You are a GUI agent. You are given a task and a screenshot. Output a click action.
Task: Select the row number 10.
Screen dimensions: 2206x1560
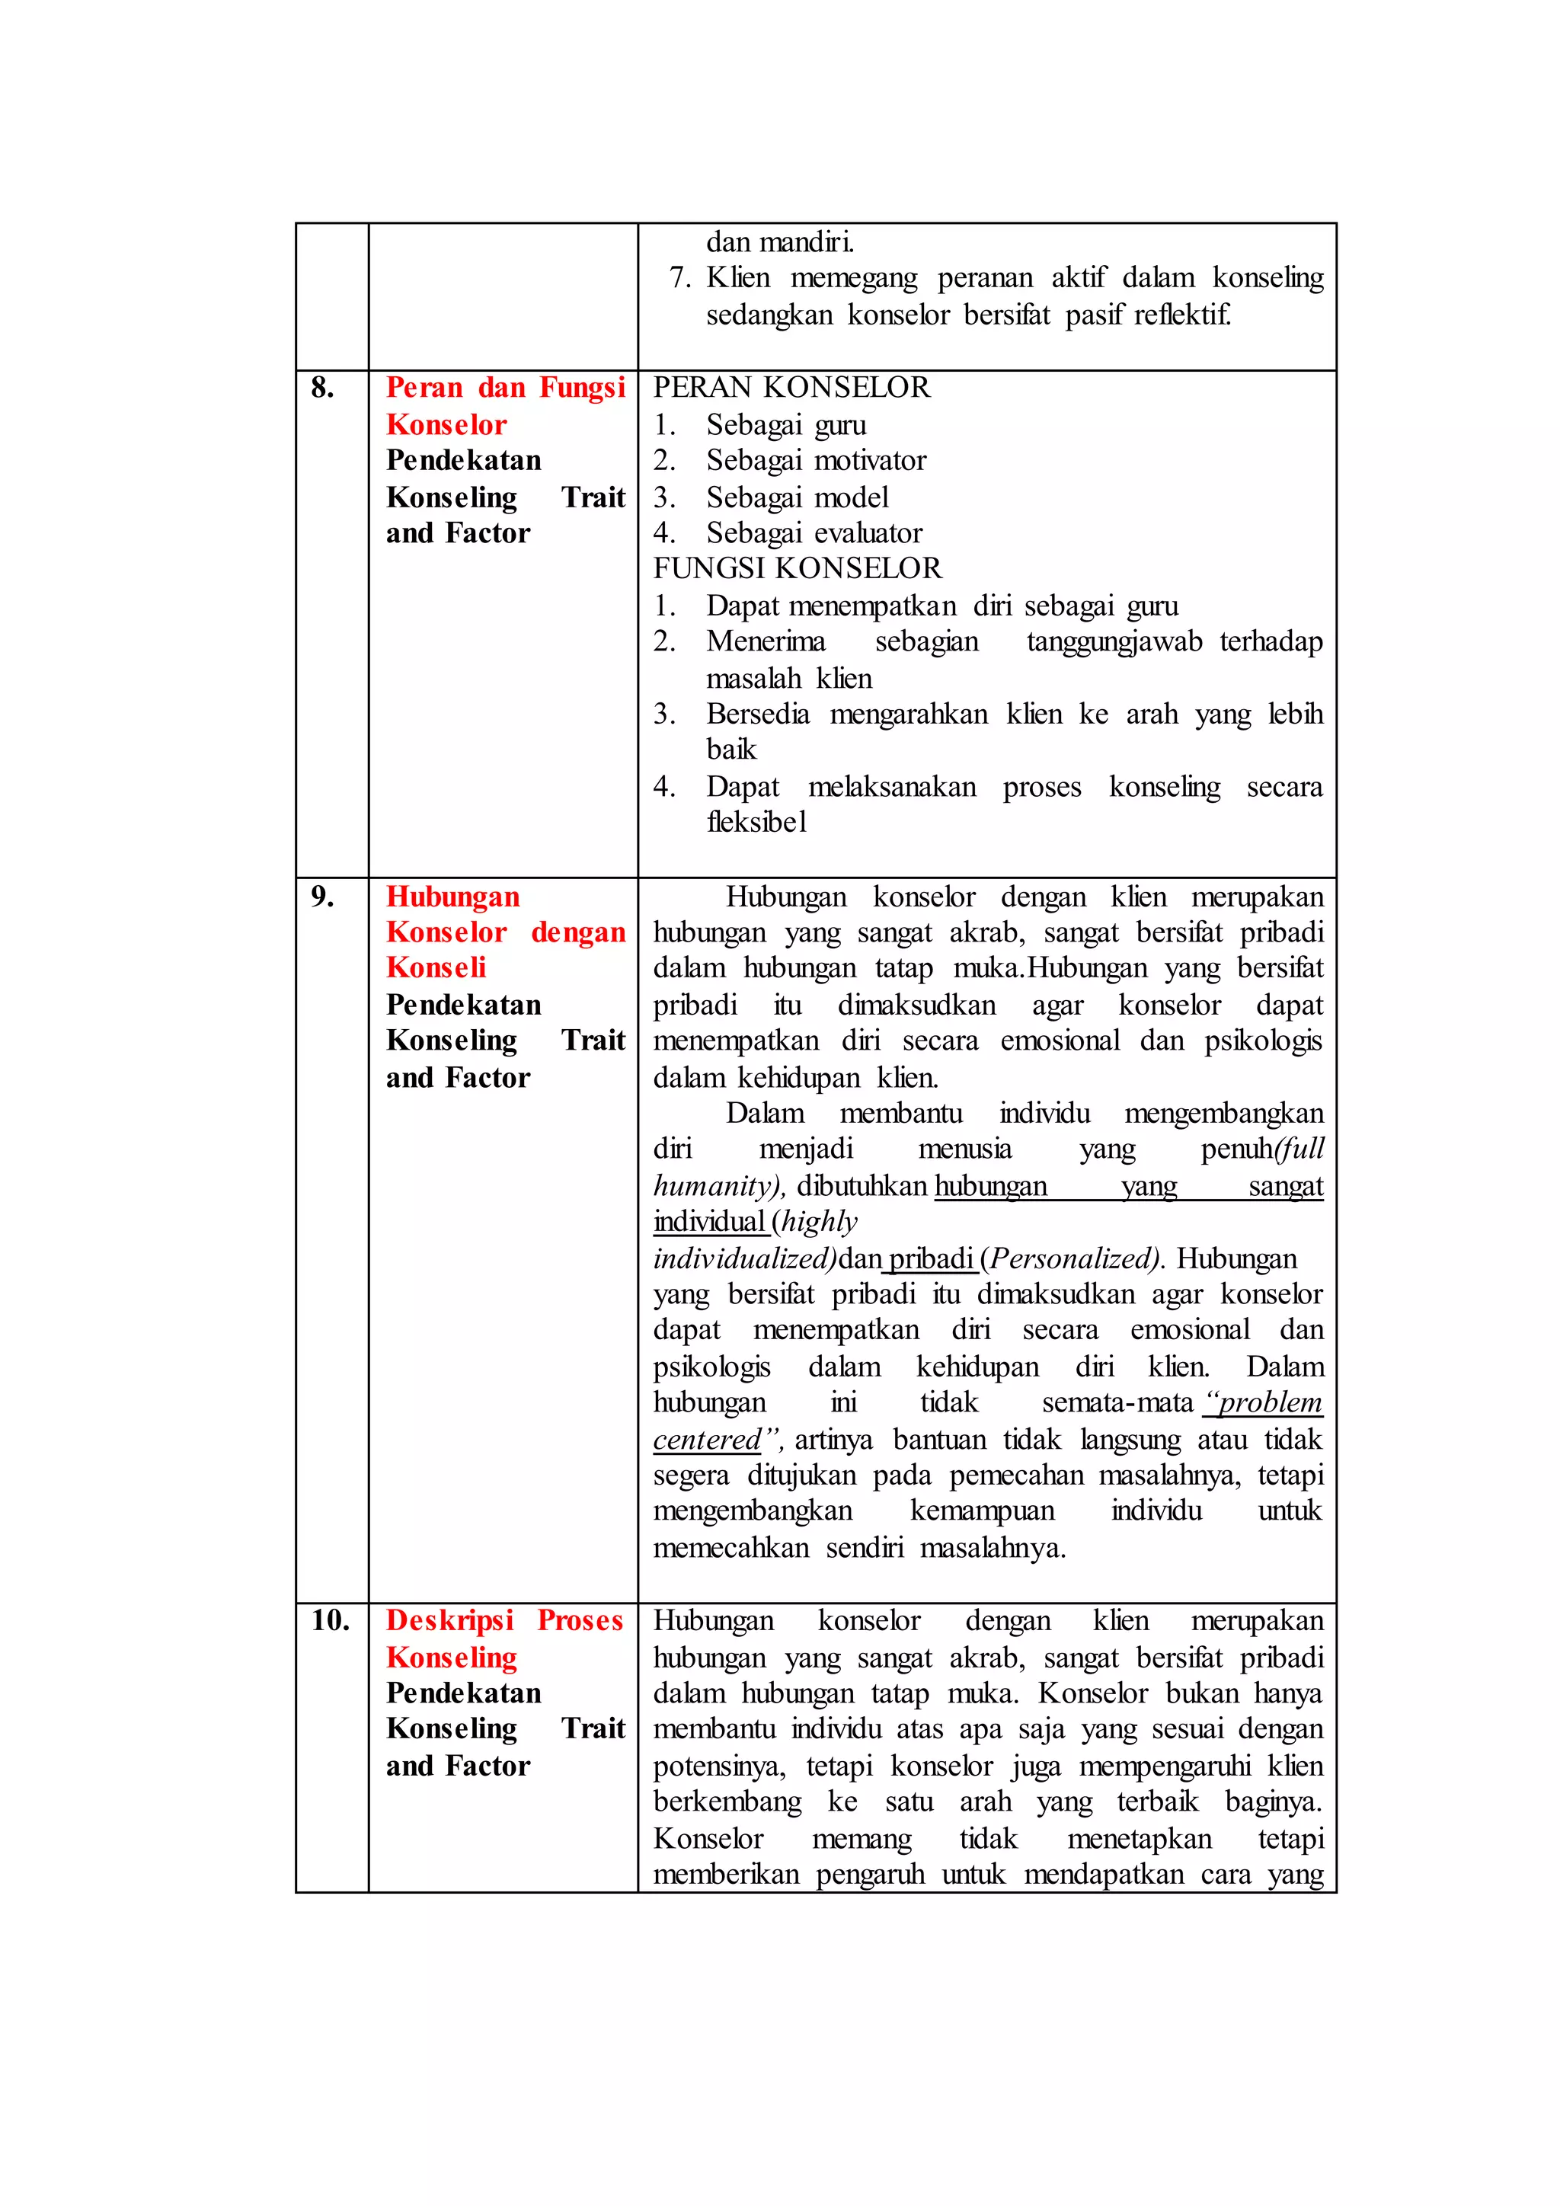330,1621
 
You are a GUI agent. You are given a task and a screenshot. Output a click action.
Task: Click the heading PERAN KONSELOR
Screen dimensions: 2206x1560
791,388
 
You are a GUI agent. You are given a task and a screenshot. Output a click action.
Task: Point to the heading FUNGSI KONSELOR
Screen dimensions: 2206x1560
798,569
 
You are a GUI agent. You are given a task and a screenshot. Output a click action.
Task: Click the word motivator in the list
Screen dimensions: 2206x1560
871,461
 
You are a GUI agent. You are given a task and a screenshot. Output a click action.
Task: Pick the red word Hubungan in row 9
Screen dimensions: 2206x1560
452,897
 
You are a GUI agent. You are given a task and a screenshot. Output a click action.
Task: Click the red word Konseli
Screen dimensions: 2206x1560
436,968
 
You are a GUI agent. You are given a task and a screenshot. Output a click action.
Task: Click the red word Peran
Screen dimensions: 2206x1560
424,388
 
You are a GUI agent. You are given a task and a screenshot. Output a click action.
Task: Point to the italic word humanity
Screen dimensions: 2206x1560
714,1187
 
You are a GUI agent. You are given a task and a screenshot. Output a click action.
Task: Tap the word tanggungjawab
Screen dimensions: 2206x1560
1114,642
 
